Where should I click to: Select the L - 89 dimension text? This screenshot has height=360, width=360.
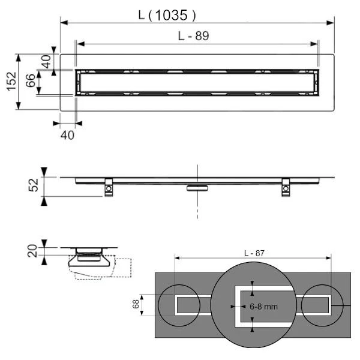pyautogui.click(x=193, y=36)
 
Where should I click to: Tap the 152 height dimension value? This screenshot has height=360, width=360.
pyautogui.click(x=11, y=82)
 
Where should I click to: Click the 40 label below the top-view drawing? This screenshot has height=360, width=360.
pyautogui.click(x=68, y=135)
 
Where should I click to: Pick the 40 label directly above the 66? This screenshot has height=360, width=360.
pyautogui.click(x=46, y=61)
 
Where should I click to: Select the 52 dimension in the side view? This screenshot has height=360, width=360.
pyautogui.click(x=34, y=186)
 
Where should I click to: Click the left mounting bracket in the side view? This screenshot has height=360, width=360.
pyautogui.click(x=108, y=188)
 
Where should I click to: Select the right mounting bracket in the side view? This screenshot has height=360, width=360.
pyautogui.click(x=286, y=188)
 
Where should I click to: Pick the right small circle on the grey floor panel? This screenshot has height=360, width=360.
pyautogui.click(x=323, y=305)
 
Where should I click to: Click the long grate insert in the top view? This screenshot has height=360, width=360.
pyautogui.click(x=197, y=82)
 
